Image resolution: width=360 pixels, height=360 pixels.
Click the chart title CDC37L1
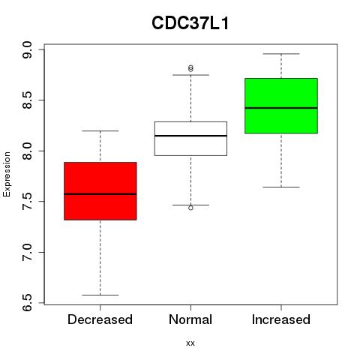click(190, 23)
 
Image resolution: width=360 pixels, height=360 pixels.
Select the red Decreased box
click(100, 191)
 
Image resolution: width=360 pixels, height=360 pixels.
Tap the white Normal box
click(190, 139)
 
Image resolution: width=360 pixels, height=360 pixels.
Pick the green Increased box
click(281, 106)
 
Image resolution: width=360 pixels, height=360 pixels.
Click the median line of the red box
click(100, 194)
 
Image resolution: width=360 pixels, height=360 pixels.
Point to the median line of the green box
click(281, 108)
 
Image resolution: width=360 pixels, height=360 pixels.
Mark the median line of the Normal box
click(190, 136)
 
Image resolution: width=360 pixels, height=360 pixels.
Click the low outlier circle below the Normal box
click(190, 208)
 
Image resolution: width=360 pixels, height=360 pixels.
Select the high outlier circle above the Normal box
click(190, 68)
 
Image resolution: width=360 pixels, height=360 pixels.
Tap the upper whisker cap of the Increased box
click(281, 54)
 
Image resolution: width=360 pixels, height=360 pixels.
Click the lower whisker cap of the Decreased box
click(100, 295)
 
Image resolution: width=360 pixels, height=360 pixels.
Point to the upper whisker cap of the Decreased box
click(100, 130)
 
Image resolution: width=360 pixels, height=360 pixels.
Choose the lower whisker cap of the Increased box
click(281, 187)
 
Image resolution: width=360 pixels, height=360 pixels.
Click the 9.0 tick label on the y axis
click(27, 50)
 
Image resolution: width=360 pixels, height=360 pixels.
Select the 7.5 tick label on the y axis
click(27, 202)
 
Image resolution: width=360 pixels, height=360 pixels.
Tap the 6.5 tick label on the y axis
click(27, 303)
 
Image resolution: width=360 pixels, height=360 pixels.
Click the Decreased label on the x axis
click(100, 319)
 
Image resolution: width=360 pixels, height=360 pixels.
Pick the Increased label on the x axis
click(281, 319)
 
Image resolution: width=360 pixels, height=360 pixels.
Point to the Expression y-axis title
click(7, 174)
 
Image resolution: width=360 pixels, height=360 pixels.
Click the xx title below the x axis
click(190, 343)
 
